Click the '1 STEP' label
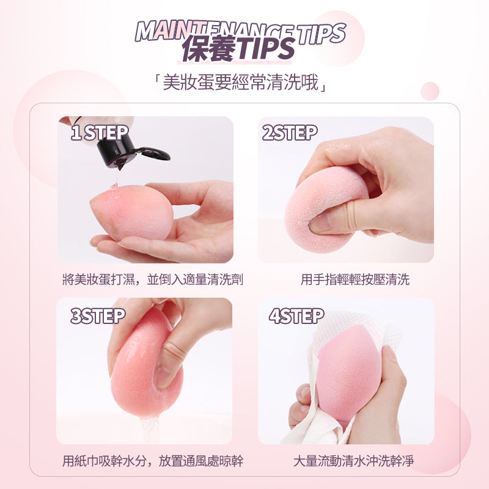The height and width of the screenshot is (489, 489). tap(100, 133)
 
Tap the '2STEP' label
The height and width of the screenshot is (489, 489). tap(290, 133)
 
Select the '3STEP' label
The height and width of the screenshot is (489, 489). tap(98, 316)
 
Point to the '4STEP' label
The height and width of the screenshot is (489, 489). tap(296, 316)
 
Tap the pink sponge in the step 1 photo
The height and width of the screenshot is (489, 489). tap(131, 212)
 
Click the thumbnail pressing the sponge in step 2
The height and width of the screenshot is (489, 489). tap(320, 222)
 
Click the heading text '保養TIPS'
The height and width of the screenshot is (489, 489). tap(238, 48)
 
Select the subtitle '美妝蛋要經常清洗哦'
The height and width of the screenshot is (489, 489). tap(240, 83)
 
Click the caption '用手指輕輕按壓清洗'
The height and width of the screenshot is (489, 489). tap(355, 279)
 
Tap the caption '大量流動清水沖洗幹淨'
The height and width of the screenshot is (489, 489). tap(354, 461)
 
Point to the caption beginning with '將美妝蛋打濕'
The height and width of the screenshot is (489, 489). tap(152, 279)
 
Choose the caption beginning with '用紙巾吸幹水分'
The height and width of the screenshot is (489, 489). tap(152, 461)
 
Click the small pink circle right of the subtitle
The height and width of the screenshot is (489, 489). tap(430, 91)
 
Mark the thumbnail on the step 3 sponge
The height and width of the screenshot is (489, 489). tap(163, 377)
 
